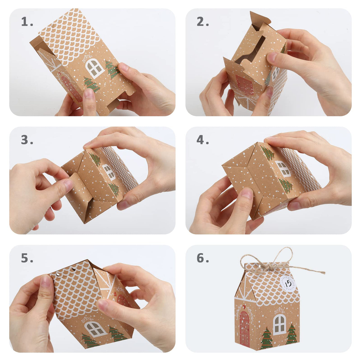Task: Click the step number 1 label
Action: [27, 22]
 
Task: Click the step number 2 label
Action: [203, 22]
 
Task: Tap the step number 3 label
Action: [27, 140]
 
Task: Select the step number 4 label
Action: [203, 140]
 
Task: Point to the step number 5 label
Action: [27, 258]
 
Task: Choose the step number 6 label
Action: [203, 258]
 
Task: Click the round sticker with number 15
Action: [288, 283]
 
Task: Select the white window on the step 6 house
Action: [280, 325]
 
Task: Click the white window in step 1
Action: [95, 68]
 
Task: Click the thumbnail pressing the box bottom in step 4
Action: [247, 193]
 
